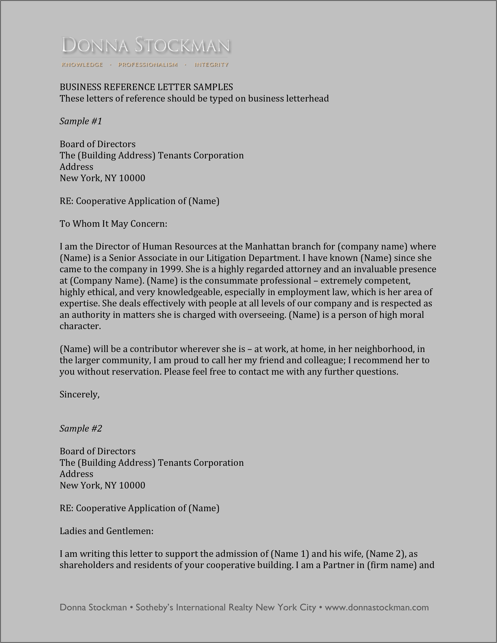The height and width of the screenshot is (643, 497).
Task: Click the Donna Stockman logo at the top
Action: [146, 46]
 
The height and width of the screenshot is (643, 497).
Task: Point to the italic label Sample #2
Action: [81, 428]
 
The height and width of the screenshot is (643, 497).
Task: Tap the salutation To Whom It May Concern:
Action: [113, 224]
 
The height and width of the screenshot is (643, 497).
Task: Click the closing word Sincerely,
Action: [80, 394]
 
